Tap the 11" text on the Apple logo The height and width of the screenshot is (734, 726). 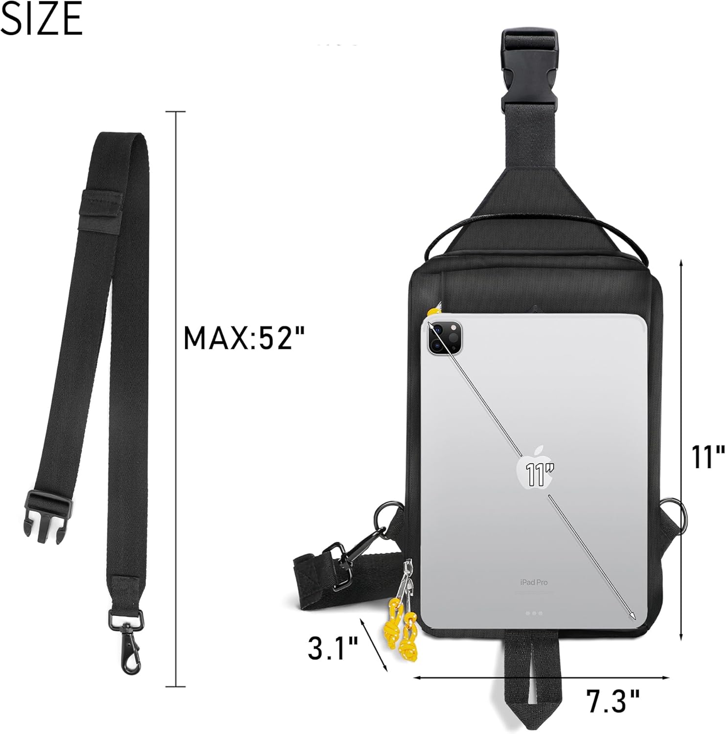pos(537,473)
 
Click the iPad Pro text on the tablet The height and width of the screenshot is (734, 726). pos(534,582)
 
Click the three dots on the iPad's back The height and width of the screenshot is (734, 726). pos(534,613)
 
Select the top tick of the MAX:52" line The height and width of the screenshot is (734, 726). pos(176,112)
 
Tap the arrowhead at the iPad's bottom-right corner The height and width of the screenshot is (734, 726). pos(633,615)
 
